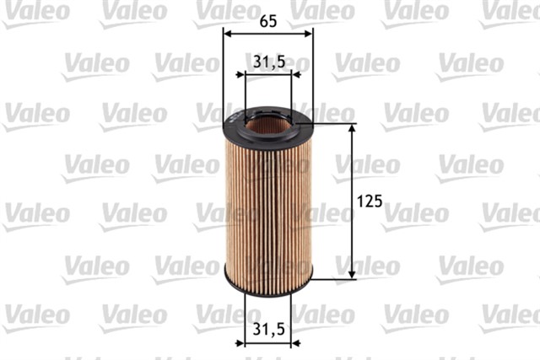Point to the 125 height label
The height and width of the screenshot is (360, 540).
[370, 201]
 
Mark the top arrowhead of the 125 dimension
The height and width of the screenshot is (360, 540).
[352, 129]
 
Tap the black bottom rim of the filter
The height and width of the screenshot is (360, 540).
[267, 282]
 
